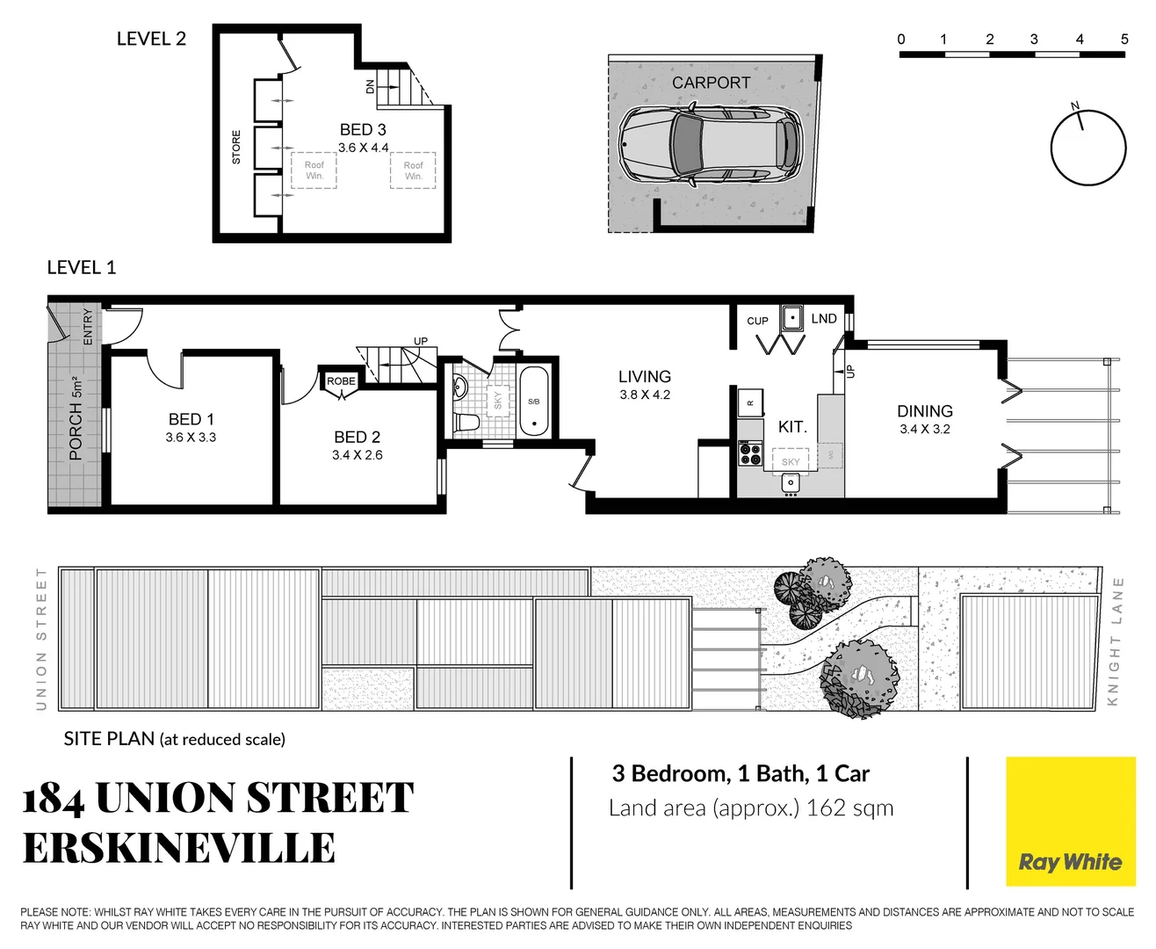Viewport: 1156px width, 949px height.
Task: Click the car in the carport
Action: [x=710, y=145]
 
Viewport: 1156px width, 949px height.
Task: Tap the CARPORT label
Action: [x=711, y=83]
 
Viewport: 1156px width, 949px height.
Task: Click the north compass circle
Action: [x=1088, y=148]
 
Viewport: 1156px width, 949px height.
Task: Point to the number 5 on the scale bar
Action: [x=1123, y=40]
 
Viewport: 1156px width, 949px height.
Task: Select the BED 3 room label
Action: [x=363, y=130]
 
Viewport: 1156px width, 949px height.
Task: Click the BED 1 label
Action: [x=191, y=420]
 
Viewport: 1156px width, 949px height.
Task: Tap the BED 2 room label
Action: [x=357, y=438]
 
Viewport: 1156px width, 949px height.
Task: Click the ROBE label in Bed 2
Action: [x=341, y=381]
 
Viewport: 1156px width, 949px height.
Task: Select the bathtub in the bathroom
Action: [x=533, y=402]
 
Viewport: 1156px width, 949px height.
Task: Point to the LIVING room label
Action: [x=644, y=377]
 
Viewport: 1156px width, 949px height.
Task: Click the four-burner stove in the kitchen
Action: [x=750, y=453]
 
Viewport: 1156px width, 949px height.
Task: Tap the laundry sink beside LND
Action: [x=792, y=317]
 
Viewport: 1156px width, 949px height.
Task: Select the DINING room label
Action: [x=924, y=411]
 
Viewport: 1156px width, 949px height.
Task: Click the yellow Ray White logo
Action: [x=1070, y=822]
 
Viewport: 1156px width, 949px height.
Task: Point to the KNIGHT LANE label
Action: [x=1116, y=641]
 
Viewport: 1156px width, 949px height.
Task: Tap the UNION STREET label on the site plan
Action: [x=40, y=638]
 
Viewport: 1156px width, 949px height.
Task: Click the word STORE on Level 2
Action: [x=235, y=148]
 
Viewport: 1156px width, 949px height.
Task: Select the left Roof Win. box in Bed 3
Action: [x=314, y=170]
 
